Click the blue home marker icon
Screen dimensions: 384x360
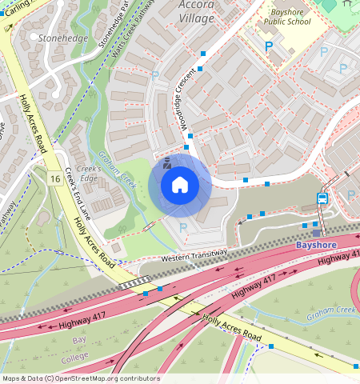click(180, 186)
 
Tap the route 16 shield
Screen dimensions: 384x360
click(54, 178)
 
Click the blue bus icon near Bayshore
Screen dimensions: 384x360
click(322, 198)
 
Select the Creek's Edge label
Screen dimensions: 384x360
click(88, 174)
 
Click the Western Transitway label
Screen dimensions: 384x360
click(194, 255)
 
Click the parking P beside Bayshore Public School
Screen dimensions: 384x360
click(268, 47)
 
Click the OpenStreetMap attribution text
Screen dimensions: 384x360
click(80, 378)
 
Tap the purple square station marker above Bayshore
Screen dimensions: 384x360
click(316, 233)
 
